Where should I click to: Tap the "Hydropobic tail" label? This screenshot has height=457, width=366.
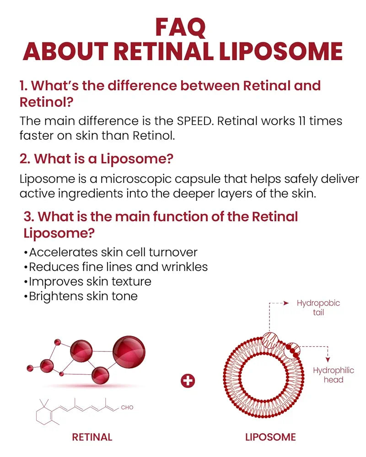[318, 308]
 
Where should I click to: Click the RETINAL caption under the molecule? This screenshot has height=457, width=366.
[92, 437]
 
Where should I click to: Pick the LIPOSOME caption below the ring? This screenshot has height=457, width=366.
[270, 437]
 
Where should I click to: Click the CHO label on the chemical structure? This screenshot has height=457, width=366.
[127, 407]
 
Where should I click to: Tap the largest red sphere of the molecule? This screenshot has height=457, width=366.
[129, 352]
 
